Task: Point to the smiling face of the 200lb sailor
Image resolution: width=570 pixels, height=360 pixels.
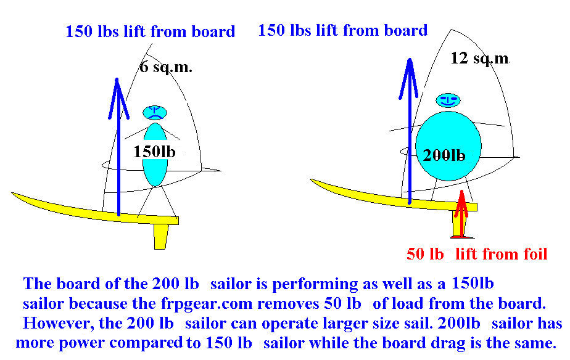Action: [x=448, y=99]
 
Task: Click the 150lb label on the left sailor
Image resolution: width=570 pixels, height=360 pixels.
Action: [x=155, y=151]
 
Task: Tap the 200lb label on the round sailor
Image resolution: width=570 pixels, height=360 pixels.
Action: [x=444, y=155]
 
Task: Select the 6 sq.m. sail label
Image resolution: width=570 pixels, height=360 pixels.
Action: [x=165, y=67]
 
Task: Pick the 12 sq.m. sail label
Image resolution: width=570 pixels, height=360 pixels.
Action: [x=480, y=59]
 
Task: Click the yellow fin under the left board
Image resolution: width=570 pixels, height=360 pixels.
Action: [x=161, y=235]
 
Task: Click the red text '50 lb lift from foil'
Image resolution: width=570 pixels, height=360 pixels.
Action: [x=477, y=254]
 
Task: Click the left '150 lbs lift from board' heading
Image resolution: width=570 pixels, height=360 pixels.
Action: [x=150, y=31]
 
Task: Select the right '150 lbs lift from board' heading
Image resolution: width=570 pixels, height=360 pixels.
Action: [x=342, y=30]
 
